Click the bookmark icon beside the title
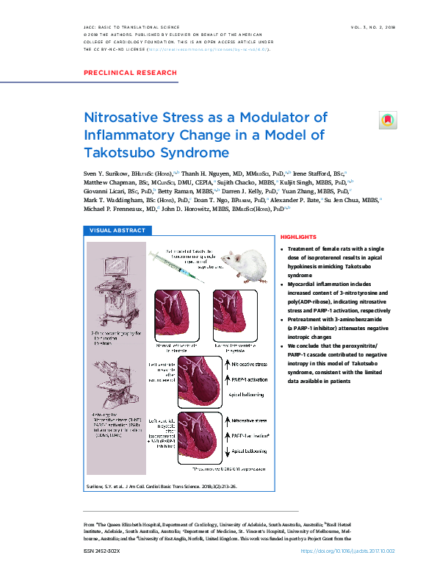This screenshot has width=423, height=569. (x=386, y=119)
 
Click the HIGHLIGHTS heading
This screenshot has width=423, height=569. (x=297, y=237)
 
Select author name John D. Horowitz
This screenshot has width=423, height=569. (x=192, y=208)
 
